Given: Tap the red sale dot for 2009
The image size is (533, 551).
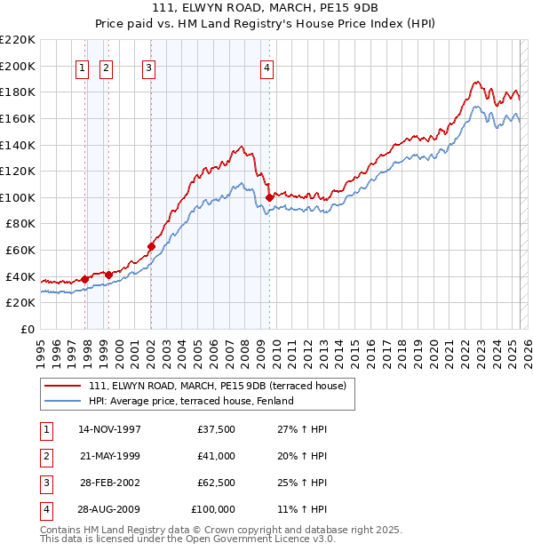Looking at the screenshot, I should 269,197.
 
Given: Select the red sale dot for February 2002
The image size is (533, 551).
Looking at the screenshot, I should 151,246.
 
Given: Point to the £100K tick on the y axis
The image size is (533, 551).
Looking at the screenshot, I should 18,197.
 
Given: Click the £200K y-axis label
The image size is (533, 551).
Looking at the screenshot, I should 18,66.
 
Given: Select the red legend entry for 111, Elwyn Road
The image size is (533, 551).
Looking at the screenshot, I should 222,385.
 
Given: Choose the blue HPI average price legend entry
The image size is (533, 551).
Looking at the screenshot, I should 191,401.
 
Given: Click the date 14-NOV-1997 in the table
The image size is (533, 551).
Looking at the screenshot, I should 110,430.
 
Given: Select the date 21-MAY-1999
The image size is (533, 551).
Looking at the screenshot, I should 110,456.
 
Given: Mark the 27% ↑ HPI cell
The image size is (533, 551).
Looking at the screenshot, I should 302,430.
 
